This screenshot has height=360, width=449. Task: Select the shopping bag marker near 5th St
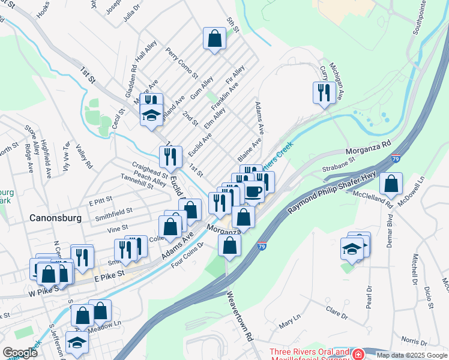214,39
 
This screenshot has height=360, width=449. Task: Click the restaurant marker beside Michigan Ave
324,92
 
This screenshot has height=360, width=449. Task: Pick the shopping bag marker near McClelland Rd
391,184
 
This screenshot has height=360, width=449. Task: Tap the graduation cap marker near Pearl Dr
352,248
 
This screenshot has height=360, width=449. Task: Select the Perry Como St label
182,64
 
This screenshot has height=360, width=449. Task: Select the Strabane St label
339,169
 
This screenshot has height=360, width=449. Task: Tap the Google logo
20,353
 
